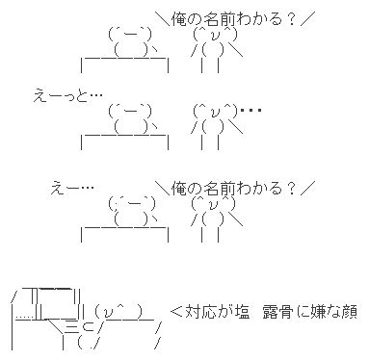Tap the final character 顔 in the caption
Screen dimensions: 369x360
pyautogui.click(x=350, y=312)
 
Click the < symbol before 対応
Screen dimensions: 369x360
pyautogui.click(x=176, y=312)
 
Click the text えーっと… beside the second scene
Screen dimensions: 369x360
pyautogui.click(x=67, y=95)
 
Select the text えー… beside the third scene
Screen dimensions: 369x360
pyautogui.click(x=72, y=188)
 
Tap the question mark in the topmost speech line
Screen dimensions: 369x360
pyautogui.click(x=291, y=19)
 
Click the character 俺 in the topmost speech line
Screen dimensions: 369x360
pyautogui.click(x=179, y=19)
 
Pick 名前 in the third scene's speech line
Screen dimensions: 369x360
pyautogui.click(x=220, y=189)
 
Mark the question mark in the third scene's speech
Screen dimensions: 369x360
pyautogui.click(x=291, y=189)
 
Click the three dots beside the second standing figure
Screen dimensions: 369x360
pyautogui.click(x=250, y=111)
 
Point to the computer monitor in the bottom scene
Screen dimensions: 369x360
pyautogui.click(x=57, y=302)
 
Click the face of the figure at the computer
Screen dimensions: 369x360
pyautogui.click(x=119, y=311)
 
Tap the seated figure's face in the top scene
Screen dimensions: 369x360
pyautogui.click(x=130, y=35)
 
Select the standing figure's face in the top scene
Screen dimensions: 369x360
pyautogui.click(x=216, y=35)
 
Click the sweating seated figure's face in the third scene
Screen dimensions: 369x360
pyautogui.click(x=132, y=204)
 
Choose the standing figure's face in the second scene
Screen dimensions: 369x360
pyautogui.click(x=216, y=112)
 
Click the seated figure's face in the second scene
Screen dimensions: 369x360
pyautogui.click(x=130, y=112)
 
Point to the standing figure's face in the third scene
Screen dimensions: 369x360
pyautogui.click(x=214, y=203)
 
